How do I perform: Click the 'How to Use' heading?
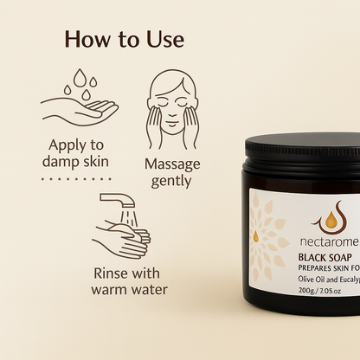click(x=125, y=39)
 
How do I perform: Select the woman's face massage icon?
click(x=172, y=109)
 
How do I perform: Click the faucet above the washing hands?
click(x=118, y=200)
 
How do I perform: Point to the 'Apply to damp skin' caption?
click(x=75, y=153)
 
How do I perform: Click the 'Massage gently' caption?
click(x=172, y=172)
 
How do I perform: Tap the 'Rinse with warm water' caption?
click(x=129, y=281)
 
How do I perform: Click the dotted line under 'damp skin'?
click(x=76, y=179)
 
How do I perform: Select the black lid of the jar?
click(x=302, y=152)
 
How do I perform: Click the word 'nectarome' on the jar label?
click(x=329, y=241)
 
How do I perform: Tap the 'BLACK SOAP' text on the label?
click(x=325, y=257)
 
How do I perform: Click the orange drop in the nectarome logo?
click(x=331, y=220)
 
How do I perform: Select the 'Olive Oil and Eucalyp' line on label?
click(x=329, y=280)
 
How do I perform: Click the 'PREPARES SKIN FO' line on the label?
click(x=329, y=268)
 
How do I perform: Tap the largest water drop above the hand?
click(x=80, y=78)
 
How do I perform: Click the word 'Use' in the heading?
click(x=165, y=39)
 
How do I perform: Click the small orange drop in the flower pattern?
click(x=255, y=236)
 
